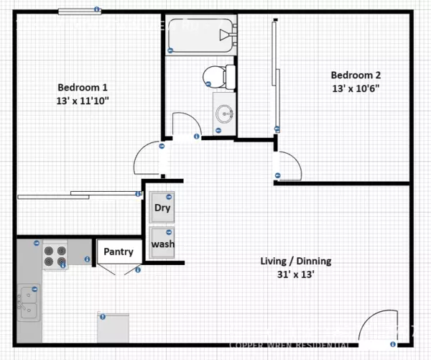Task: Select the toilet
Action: tap(218, 75)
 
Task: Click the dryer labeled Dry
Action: tap(162, 208)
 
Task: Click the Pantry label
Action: tap(119, 251)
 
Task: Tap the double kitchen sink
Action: tap(28, 303)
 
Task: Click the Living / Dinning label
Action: tap(295, 261)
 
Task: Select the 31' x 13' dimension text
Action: tap(295, 274)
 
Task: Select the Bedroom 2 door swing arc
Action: tap(288, 165)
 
